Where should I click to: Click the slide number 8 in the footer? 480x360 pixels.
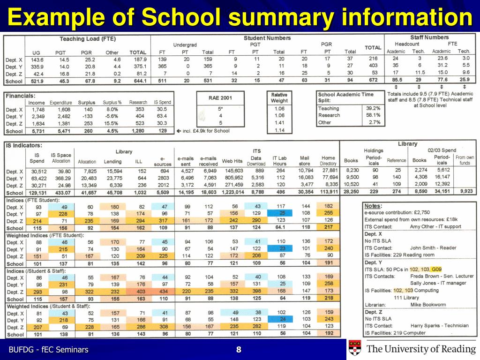point(239,350)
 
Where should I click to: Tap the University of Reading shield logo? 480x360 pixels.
point(354,349)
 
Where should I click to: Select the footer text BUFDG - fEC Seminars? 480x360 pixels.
point(49,350)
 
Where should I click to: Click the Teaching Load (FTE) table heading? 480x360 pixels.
point(88,38)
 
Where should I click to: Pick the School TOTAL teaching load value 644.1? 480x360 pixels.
point(138,81)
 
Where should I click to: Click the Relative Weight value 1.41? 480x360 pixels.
point(279,123)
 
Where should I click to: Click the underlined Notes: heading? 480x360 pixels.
point(373,206)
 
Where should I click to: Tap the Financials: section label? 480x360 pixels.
point(19,95)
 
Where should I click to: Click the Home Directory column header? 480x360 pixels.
point(328,161)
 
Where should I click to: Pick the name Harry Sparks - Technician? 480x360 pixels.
point(433,326)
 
